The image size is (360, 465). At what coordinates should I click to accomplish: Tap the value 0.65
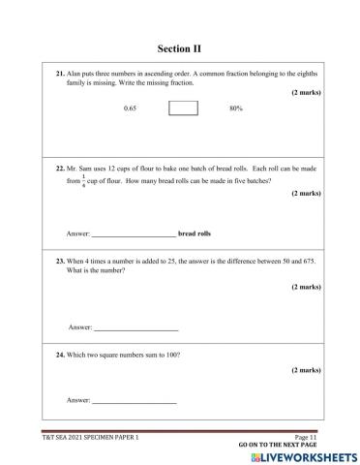click(131, 108)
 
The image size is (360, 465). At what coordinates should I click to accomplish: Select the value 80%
click(235, 108)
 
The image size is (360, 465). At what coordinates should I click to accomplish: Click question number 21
click(59, 74)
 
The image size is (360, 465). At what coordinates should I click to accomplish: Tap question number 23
click(59, 263)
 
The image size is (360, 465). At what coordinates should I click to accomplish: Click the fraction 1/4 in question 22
click(83, 180)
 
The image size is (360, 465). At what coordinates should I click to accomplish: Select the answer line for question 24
click(134, 399)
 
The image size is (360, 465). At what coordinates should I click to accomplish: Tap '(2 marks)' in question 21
click(306, 92)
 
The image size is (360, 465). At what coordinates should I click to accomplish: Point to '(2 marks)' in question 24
click(306, 370)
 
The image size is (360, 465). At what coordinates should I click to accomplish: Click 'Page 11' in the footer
click(307, 438)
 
